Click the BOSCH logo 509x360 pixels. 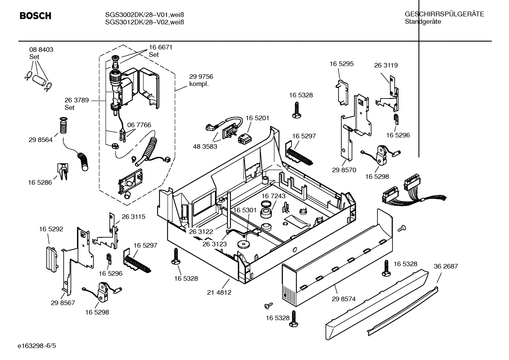35,16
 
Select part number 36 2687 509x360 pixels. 445,266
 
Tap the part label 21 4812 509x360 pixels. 219,293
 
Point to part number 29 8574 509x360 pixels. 343,299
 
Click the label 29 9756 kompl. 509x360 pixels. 201,80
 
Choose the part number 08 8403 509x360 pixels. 41,50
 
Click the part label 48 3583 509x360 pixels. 205,146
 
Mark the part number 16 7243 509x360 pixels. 273,196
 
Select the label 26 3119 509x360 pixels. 386,65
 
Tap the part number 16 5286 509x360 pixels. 40,183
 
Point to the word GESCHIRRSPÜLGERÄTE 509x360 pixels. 444,14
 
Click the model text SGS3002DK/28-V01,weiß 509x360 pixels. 145,15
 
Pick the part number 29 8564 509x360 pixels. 41,140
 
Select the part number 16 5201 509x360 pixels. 257,118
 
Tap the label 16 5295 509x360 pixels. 341,64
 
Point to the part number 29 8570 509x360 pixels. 344,170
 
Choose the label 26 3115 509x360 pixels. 133,217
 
